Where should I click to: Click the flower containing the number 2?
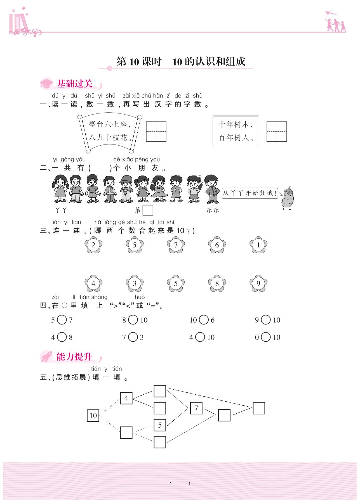(x=93, y=245)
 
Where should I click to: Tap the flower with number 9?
(x=258, y=283)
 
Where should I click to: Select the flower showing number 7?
(x=176, y=245)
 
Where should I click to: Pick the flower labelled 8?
(x=217, y=283)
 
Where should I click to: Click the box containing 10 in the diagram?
(x=93, y=416)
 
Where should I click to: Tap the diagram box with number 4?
(x=126, y=398)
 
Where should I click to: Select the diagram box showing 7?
(x=196, y=408)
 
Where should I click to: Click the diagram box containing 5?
(x=160, y=425)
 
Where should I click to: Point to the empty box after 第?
(x=148, y=210)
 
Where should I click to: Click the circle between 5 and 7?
(x=62, y=320)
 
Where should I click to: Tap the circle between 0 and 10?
(x=266, y=337)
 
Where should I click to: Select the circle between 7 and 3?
(x=133, y=337)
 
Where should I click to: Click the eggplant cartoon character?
(x=287, y=198)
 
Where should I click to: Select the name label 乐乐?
(x=213, y=210)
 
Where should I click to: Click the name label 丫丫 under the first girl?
(x=61, y=210)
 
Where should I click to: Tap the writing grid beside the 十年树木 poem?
(x=277, y=131)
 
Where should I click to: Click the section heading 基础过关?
(x=75, y=84)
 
